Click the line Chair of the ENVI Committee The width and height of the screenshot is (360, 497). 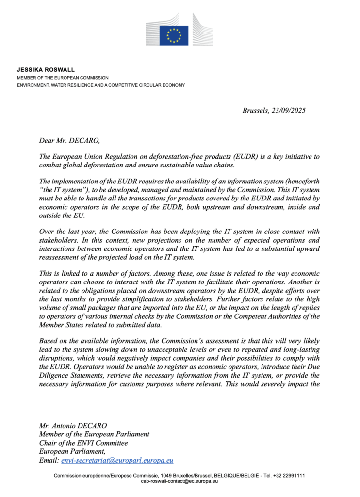[83, 443]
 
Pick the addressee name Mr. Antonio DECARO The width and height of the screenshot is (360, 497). [74, 425]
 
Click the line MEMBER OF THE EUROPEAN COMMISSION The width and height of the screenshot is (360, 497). [63, 78]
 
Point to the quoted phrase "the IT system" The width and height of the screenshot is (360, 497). [63, 189]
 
